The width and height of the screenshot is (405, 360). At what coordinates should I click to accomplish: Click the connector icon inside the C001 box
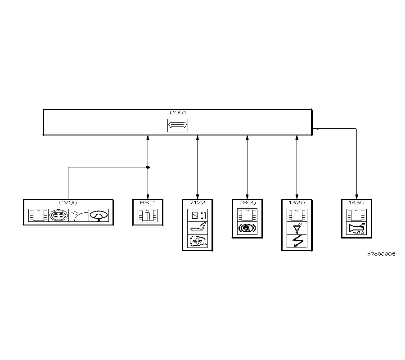(x=177, y=126)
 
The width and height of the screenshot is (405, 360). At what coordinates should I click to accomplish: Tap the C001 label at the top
(x=177, y=112)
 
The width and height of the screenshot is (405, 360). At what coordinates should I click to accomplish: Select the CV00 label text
(x=68, y=203)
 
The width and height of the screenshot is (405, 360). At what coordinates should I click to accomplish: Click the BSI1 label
(x=148, y=203)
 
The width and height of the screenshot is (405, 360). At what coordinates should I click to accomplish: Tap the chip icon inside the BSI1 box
(x=148, y=216)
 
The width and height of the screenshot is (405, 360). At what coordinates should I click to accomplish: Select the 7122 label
(x=198, y=203)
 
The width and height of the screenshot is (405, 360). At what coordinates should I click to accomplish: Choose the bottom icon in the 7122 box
(x=198, y=241)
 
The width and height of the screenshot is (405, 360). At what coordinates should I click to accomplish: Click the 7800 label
(x=247, y=203)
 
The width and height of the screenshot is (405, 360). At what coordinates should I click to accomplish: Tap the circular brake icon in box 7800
(x=247, y=229)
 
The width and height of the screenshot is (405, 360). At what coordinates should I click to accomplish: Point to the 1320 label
(x=297, y=203)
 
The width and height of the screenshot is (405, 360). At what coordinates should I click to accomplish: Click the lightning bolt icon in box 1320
(x=297, y=242)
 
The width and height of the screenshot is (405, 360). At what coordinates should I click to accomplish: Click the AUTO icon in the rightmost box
(x=357, y=229)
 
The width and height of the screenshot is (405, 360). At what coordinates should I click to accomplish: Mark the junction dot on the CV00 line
(x=148, y=167)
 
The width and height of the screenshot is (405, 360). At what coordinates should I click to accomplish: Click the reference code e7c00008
(x=381, y=254)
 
